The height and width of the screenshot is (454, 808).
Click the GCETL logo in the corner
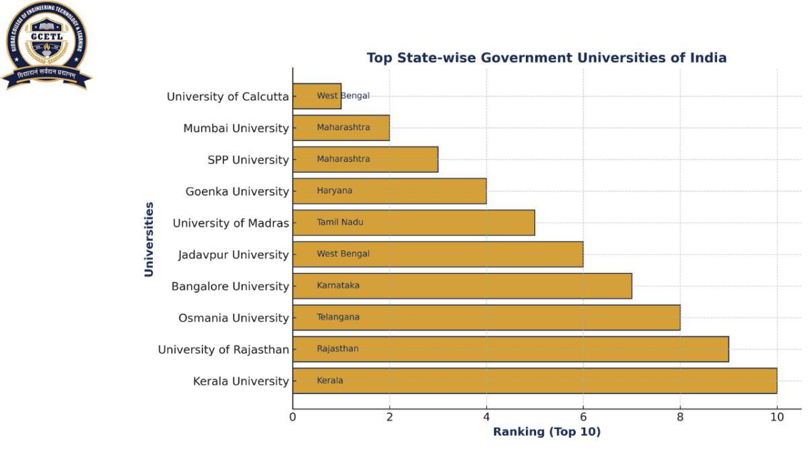(46, 46)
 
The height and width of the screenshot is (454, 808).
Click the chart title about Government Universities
(546, 58)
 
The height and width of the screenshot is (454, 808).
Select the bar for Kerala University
(535, 381)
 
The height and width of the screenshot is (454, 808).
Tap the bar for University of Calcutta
(317, 96)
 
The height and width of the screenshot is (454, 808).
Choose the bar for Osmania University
(486, 317)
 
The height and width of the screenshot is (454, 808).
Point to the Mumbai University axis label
(236, 128)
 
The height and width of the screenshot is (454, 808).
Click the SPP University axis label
(248, 159)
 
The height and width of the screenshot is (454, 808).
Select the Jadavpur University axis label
(233, 254)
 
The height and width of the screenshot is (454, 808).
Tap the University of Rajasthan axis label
(223, 349)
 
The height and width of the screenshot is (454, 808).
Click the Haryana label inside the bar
(335, 191)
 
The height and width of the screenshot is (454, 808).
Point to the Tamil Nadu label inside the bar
(340, 223)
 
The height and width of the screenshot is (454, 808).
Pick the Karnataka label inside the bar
(338, 286)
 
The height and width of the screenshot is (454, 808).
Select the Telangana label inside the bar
(338, 317)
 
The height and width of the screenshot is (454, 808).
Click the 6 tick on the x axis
(583, 416)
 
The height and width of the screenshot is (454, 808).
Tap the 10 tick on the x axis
(777, 416)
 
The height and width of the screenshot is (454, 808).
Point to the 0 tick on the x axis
(293, 416)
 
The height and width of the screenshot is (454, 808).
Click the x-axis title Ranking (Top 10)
(547, 432)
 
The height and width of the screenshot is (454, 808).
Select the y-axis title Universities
(149, 239)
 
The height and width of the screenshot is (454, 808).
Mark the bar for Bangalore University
(462, 286)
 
